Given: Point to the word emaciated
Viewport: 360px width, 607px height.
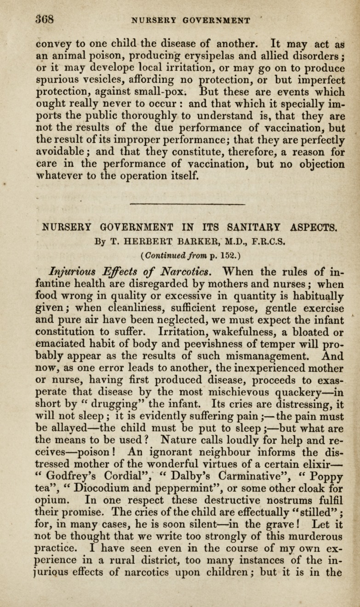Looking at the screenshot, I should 64,344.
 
